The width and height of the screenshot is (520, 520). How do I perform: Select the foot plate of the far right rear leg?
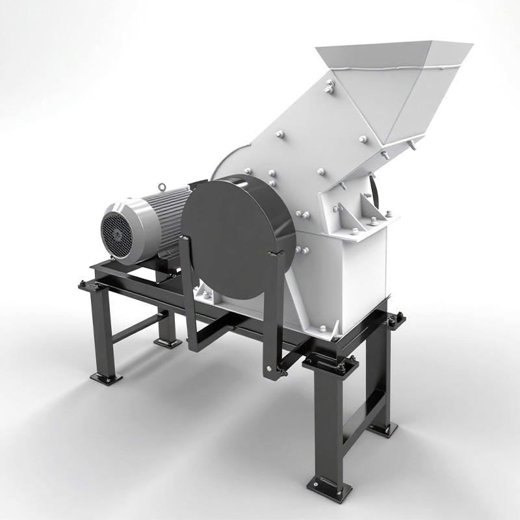[x=382, y=428]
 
